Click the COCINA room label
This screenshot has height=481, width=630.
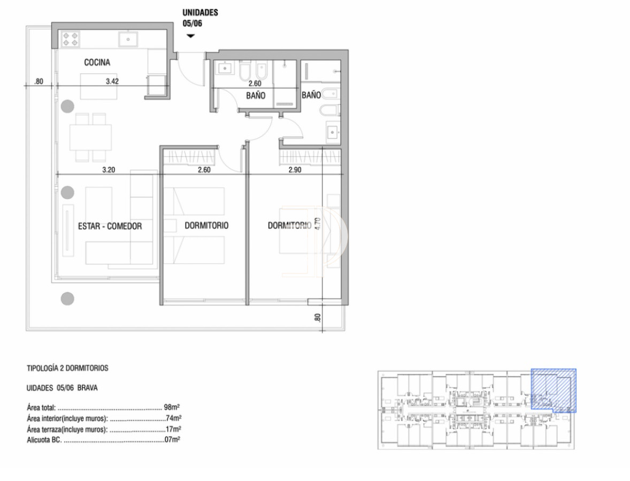[97, 63]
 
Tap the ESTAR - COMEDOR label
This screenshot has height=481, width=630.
[110, 226]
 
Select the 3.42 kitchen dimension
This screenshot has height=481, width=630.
[112, 81]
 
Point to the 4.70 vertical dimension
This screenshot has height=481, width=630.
[317, 223]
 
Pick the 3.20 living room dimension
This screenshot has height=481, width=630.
[109, 170]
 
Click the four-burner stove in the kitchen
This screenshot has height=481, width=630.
[71, 39]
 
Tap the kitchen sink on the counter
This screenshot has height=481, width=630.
[128, 39]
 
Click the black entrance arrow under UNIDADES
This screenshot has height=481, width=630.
[190, 36]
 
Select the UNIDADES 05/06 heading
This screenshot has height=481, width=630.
[200, 18]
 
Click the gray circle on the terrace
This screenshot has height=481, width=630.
[67, 299]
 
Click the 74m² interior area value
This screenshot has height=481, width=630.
[173, 418]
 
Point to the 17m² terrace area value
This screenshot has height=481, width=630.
[173, 429]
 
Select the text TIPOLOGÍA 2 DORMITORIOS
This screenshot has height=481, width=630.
[67, 368]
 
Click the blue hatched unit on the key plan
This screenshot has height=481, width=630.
[554, 389]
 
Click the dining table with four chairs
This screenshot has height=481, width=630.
[90, 138]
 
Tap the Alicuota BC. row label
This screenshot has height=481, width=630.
[44, 440]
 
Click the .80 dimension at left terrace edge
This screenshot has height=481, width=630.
[38, 81]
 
